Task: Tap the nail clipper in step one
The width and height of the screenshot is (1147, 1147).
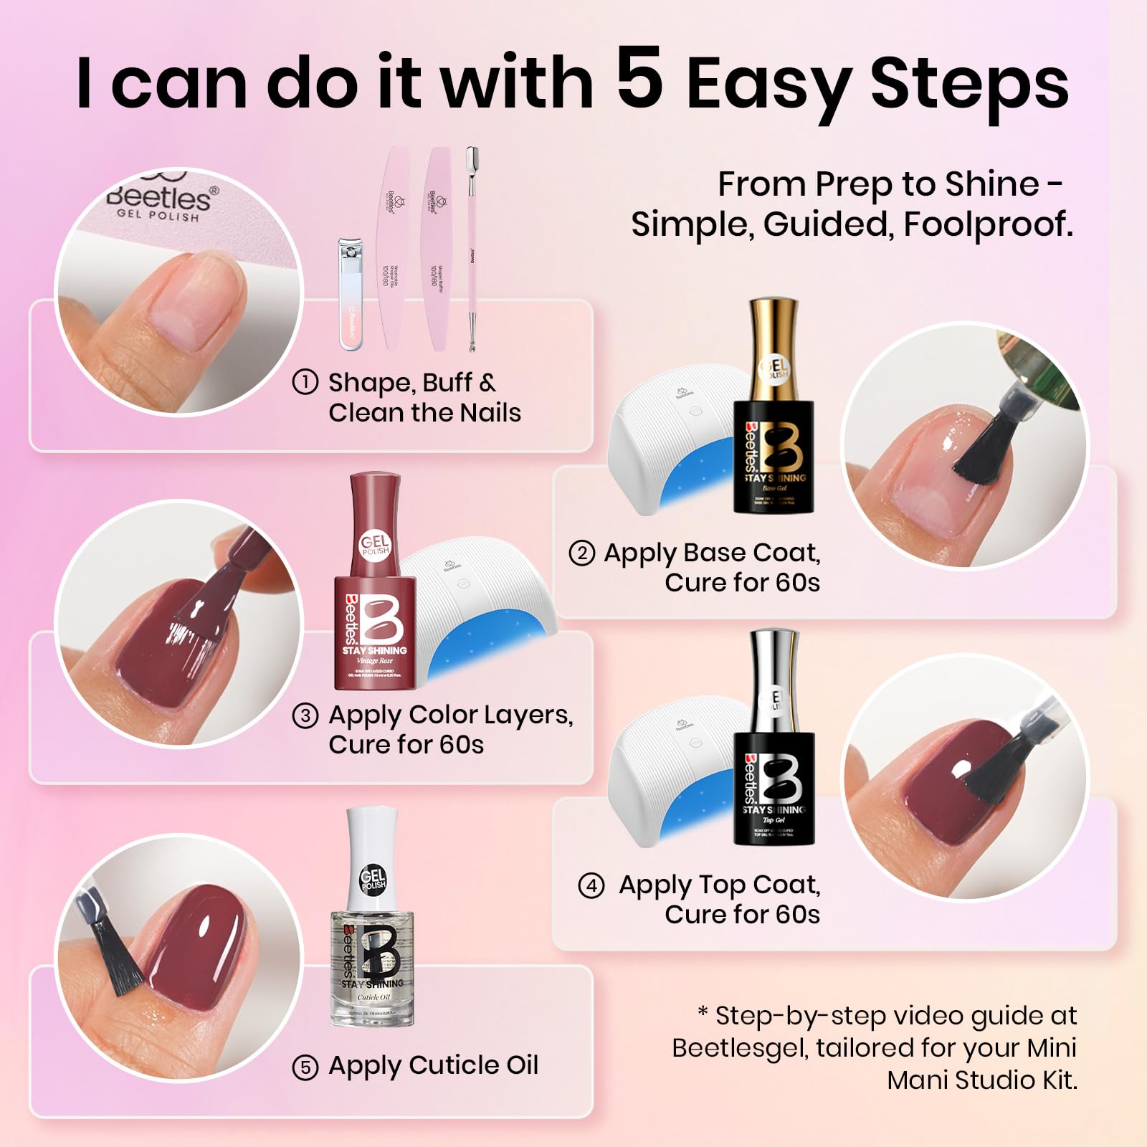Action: pyautogui.click(x=350, y=294)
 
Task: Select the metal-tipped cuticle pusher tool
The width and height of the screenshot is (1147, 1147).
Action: pyautogui.click(x=472, y=247)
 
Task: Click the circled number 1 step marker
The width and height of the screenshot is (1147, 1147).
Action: pyautogui.click(x=305, y=382)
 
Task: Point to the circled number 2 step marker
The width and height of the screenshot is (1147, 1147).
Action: pyautogui.click(x=581, y=553)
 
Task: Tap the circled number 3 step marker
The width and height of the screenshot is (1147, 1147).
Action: pyautogui.click(x=305, y=715)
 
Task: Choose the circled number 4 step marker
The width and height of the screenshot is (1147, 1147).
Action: pyautogui.click(x=591, y=886)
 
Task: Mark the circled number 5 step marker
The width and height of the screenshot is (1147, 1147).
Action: pyautogui.click(x=305, y=1067)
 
